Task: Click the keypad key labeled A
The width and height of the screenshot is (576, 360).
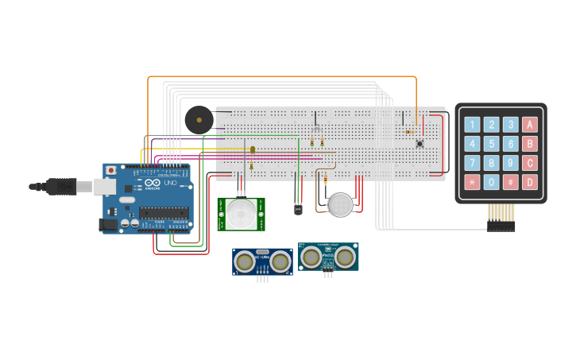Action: click(x=529, y=124)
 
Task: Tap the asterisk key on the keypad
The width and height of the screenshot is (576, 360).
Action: click(x=473, y=182)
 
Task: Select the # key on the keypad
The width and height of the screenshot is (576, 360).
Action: click(x=510, y=182)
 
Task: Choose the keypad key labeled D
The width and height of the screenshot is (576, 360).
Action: click(x=529, y=182)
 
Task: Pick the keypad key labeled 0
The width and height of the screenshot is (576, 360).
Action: click(x=492, y=182)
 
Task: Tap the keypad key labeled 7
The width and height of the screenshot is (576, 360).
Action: click(x=473, y=163)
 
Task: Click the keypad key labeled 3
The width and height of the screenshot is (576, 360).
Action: click(x=510, y=124)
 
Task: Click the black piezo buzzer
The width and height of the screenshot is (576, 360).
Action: click(x=198, y=120)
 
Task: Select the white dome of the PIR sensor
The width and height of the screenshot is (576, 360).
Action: click(x=242, y=213)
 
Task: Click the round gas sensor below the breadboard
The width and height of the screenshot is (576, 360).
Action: click(x=340, y=205)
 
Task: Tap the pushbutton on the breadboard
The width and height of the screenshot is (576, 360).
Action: click(x=419, y=144)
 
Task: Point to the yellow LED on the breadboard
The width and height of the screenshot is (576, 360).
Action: click(x=253, y=149)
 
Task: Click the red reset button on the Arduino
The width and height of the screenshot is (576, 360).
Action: click(x=110, y=170)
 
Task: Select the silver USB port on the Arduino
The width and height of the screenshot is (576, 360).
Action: click(x=104, y=187)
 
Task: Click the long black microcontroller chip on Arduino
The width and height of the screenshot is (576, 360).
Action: click(x=164, y=212)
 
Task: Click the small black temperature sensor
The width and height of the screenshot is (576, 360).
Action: click(x=298, y=210)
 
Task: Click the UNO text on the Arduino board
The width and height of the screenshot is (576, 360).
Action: click(x=169, y=184)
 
